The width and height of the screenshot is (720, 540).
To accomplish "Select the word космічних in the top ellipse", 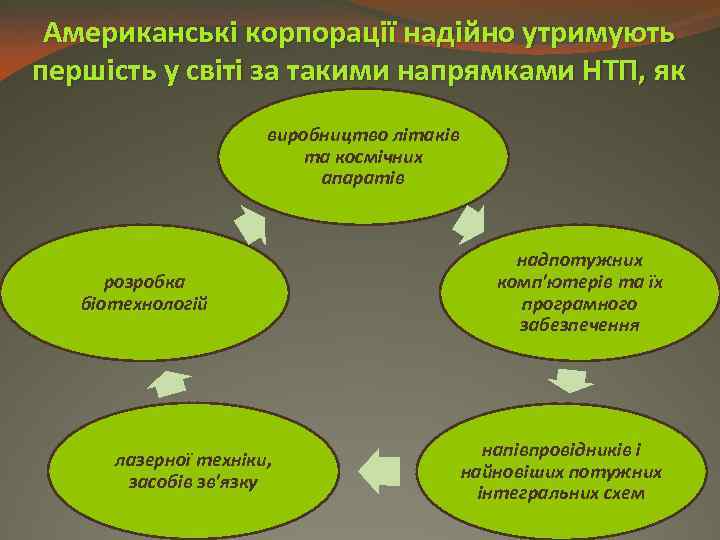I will click(x=386, y=157).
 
